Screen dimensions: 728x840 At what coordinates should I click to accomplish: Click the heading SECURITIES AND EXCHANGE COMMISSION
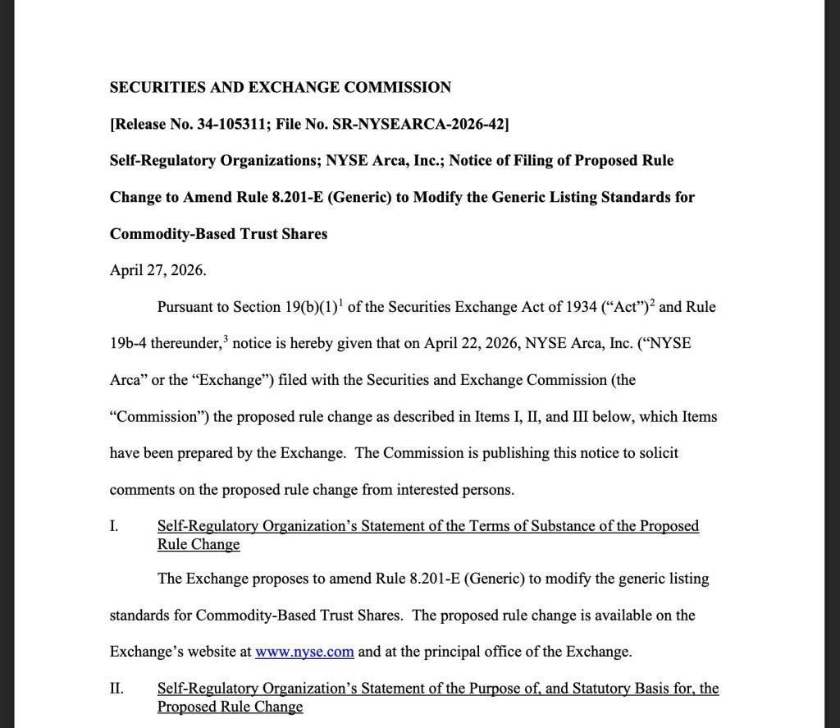(x=280, y=88)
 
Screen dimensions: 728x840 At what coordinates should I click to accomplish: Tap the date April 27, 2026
(x=157, y=270)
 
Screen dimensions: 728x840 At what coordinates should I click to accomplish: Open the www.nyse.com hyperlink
(x=304, y=652)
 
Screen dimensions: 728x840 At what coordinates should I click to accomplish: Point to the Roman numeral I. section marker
(x=114, y=526)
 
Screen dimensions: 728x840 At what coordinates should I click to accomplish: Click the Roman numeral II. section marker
(x=116, y=689)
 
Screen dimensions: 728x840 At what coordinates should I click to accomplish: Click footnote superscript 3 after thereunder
(x=225, y=337)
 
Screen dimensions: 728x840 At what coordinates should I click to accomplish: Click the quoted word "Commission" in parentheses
(x=159, y=417)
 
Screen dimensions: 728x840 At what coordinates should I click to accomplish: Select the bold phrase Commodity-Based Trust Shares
(x=218, y=234)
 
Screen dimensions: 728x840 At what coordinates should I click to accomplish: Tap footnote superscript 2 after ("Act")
(x=651, y=300)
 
